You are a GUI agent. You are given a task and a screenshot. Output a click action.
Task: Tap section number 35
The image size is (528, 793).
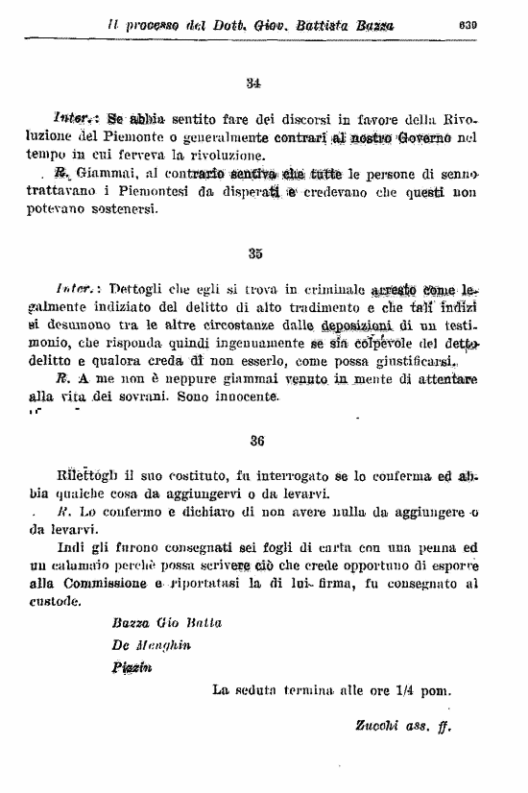tap(254, 253)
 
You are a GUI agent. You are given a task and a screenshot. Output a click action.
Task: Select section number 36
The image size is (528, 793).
tap(256, 441)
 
